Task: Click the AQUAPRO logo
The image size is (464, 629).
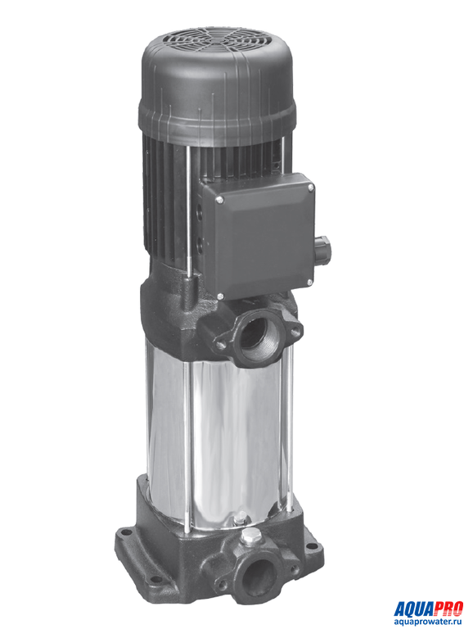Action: click(428, 609)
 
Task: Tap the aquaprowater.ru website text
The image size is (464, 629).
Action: click(428, 622)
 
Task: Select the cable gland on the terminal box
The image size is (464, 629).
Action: click(322, 251)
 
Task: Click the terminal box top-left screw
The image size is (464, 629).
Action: click(219, 200)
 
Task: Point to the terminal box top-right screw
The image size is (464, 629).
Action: click(310, 188)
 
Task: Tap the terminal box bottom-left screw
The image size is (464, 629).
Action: click(220, 296)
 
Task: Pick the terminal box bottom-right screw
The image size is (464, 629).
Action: click(309, 283)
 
